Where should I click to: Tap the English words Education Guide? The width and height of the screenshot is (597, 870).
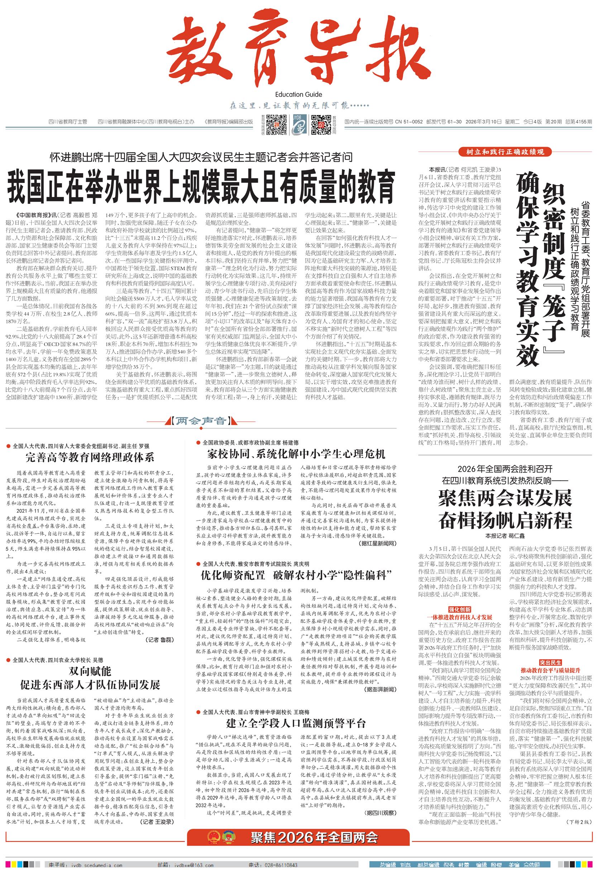point(298,94)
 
